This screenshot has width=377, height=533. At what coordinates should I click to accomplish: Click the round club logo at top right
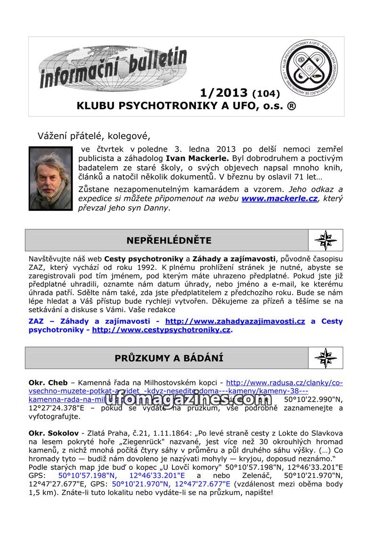tap(309, 68)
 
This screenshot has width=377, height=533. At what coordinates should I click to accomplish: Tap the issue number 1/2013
tap(224, 92)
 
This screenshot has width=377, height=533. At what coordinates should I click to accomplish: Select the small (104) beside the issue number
tap(266, 93)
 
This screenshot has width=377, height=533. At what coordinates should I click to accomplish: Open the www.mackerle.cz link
tap(279, 198)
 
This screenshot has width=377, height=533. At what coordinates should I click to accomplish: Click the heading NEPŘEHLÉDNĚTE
tap(169, 241)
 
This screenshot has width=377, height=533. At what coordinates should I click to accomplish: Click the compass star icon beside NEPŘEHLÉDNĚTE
tap(326, 240)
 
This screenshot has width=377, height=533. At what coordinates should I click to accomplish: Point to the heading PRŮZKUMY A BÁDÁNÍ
tap(169, 358)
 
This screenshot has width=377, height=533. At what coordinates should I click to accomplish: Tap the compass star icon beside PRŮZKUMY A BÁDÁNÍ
tap(326, 358)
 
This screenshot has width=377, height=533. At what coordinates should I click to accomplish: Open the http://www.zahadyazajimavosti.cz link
tap(235, 321)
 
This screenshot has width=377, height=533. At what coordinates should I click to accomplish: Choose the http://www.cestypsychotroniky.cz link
tap(161, 330)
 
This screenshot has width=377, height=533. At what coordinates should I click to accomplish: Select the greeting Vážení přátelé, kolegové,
tap(94, 136)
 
